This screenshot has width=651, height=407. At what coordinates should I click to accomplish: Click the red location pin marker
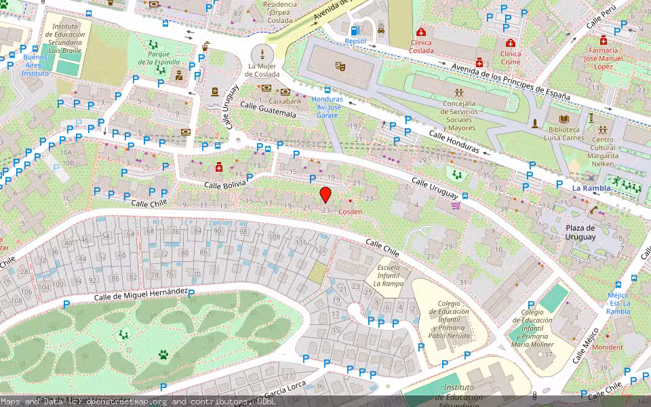tap(325, 195)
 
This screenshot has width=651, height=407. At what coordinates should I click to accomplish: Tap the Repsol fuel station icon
tap(355, 31)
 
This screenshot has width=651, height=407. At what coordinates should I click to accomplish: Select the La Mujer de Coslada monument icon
tap(262, 54)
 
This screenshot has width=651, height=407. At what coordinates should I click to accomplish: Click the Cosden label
tap(350, 212)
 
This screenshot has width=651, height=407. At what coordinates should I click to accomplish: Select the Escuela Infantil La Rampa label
tap(390, 275)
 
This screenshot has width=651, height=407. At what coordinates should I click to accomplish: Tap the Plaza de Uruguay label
tap(580, 233)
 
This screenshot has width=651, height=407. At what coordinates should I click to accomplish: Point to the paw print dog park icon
tap(163, 354)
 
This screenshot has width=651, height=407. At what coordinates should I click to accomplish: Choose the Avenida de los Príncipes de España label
tap(511, 79)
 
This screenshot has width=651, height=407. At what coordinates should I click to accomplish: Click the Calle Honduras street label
tap(454, 143)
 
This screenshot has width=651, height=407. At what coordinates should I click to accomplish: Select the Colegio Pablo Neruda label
tap(449, 319)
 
